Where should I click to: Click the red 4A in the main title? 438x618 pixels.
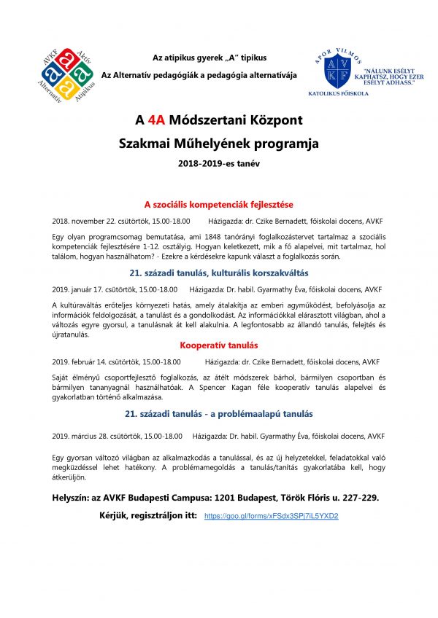click(155, 120)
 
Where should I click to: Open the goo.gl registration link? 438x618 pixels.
click(271, 516)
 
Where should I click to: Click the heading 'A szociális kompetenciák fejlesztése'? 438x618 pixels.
click(218, 205)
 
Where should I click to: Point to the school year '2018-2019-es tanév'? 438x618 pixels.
click(218, 164)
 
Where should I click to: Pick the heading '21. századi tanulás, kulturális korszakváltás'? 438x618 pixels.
click(218, 273)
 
